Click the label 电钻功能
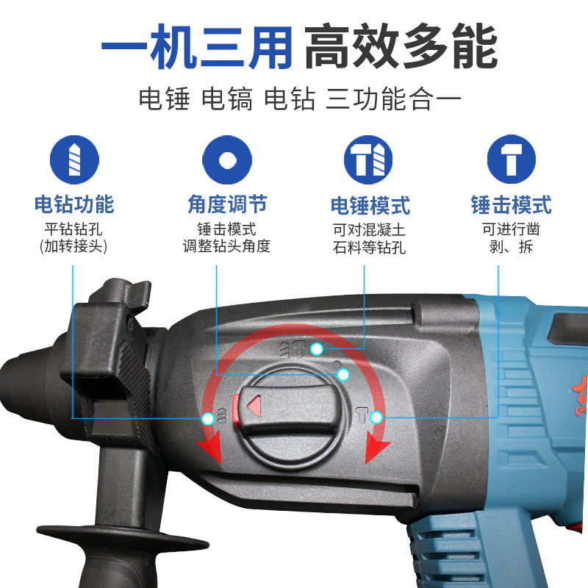tap(73, 204)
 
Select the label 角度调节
tap(226, 204)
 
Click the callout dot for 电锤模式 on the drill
tap(317, 348)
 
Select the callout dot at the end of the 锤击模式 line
tap(376, 417)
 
